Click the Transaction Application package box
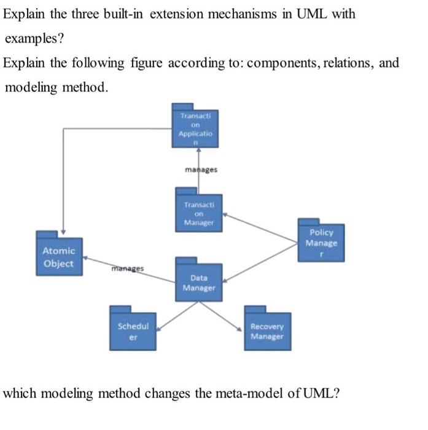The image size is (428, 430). point(195,128)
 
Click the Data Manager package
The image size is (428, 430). point(198,282)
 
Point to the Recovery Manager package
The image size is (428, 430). point(267,331)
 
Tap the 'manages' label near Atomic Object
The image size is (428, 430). point(128,268)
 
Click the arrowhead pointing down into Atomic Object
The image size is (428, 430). point(64,228)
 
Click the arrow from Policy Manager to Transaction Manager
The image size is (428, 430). point(258,227)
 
